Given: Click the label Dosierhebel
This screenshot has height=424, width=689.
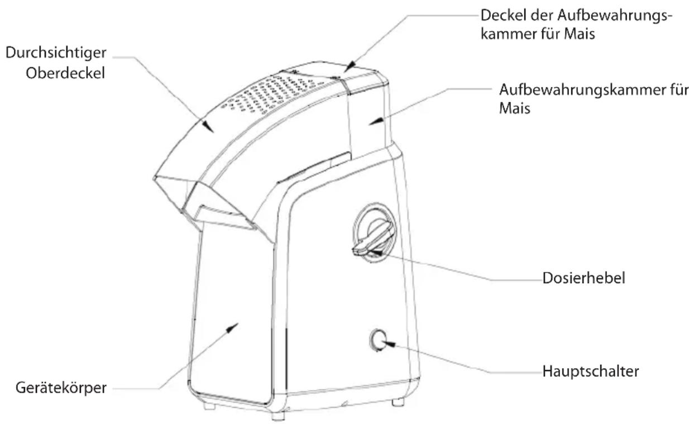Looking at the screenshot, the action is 583,278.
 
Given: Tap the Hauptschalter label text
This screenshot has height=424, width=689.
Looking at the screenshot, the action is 591,371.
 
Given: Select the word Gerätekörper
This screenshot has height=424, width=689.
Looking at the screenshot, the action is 61,388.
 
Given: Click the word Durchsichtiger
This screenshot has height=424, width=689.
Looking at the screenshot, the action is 56,53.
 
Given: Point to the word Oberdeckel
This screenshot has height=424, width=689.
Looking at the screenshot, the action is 65,73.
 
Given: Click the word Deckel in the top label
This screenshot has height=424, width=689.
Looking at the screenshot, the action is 501,15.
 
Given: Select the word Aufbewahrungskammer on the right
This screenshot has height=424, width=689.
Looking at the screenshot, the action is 584,90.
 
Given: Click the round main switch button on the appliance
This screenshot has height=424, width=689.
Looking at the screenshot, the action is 377,340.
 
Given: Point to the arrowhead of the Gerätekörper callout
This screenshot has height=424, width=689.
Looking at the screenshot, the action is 232,328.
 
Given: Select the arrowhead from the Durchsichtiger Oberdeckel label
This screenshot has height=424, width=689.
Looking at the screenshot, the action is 208,126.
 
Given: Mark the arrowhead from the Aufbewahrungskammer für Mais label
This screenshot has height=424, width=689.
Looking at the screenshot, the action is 376,121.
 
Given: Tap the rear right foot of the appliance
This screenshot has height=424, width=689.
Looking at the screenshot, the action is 398,402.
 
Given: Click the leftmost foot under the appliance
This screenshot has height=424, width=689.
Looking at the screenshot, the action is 209,406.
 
